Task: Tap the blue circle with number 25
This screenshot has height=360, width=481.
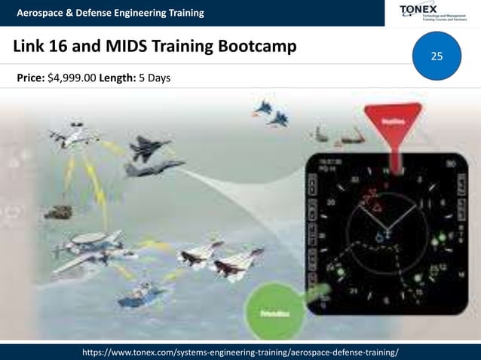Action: [437, 56]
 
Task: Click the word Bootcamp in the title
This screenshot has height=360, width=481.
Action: [256, 47]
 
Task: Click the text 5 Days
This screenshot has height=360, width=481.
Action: [155, 76]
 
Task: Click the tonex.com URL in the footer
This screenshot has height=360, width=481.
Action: [240, 352]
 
